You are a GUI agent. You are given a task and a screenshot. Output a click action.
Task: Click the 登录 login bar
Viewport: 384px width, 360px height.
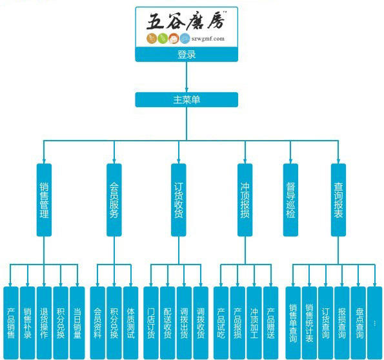(x=187, y=54)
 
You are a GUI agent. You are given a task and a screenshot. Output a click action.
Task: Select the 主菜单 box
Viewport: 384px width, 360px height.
(x=187, y=99)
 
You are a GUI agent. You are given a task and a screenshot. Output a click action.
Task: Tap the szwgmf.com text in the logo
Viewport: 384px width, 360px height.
(x=208, y=39)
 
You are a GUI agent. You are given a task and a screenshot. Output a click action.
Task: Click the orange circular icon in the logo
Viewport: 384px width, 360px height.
(x=174, y=39)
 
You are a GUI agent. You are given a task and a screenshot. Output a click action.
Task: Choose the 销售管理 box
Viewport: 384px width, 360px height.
(x=44, y=200)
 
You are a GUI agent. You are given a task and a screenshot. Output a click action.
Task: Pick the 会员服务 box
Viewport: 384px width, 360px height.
(x=114, y=200)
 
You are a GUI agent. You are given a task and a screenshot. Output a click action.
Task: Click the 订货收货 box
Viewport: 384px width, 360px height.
(x=179, y=200)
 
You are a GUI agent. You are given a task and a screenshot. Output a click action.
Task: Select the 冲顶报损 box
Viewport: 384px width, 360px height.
(x=245, y=200)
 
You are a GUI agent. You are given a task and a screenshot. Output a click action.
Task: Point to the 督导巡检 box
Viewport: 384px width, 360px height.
(x=290, y=200)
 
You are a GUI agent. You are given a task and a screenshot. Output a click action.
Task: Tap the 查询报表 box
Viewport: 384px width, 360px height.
(x=338, y=200)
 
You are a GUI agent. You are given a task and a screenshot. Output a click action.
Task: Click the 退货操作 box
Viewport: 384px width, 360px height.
(x=44, y=323)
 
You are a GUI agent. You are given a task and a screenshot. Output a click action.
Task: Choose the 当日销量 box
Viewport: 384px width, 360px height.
(x=77, y=323)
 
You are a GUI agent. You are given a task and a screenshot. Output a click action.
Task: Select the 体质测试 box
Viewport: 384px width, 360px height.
(x=131, y=323)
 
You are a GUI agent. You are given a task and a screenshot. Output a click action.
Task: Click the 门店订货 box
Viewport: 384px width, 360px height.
(x=151, y=323)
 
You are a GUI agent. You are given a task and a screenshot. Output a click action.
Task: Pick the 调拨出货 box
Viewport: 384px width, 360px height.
(x=184, y=323)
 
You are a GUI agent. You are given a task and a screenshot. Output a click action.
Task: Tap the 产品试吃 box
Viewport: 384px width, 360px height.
(x=221, y=323)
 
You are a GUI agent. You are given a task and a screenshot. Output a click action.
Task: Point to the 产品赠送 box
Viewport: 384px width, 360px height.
(x=271, y=323)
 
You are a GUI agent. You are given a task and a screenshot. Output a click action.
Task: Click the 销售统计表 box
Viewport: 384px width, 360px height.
(x=309, y=323)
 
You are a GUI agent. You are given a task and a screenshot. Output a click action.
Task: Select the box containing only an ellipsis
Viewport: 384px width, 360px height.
(x=375, y=323)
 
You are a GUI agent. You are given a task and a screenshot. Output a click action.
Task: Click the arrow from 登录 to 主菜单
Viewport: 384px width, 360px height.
(x=187, y=77)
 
